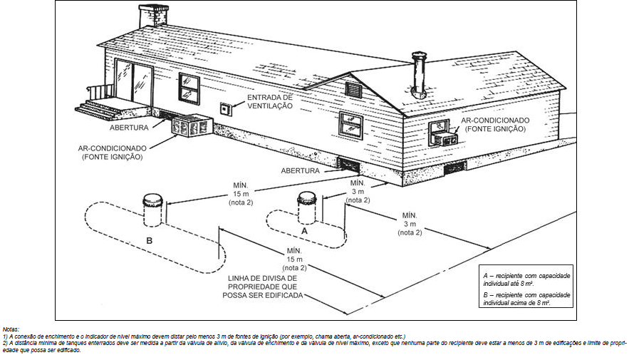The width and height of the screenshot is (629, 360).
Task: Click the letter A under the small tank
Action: (x=304, y=232)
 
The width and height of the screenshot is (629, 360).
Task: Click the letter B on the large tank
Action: (x=149, y=241)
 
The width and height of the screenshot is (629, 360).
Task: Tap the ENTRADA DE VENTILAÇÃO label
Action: (x=270, y=101)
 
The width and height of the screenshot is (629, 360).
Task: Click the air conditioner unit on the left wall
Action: (x=189, y=126)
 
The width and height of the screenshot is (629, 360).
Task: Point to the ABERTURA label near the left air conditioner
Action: (x=129, y=128)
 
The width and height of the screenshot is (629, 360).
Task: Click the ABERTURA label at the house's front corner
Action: (x=300, y=171)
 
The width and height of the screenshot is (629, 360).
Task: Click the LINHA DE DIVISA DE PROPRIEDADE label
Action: (x=265, y=286)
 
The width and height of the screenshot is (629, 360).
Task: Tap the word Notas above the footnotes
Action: (x=12, y=329)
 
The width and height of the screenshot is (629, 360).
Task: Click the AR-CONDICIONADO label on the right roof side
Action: (x=494, y=125)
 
